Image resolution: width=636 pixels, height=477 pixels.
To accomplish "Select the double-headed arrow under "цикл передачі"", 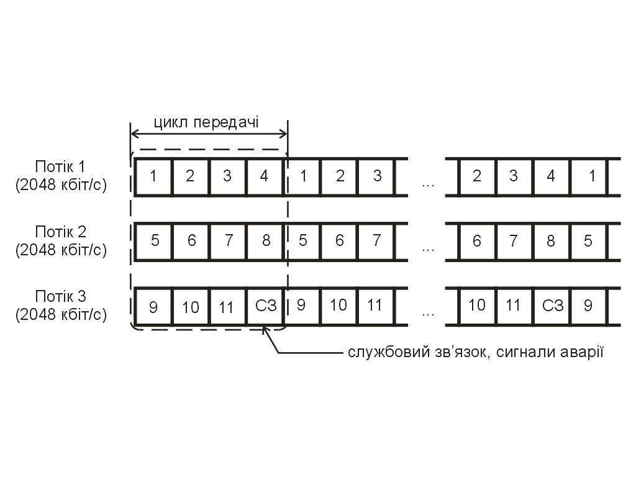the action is (209, 133).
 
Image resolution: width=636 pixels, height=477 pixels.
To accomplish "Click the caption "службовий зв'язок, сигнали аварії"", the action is (476, 353).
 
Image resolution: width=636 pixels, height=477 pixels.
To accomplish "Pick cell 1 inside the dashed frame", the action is (153, 176).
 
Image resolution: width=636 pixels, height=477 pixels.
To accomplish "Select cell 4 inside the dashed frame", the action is (265, 176).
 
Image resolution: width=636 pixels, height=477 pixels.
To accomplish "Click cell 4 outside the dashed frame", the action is (551, 176).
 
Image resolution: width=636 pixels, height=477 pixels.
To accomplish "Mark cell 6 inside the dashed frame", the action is (190, 240).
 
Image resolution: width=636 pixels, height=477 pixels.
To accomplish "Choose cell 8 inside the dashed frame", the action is (265, 240).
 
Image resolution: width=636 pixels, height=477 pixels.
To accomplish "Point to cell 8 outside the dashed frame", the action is (551, 240).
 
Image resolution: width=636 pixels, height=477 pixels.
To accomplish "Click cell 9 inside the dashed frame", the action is (153, 306).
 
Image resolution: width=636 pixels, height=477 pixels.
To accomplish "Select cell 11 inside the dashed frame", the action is (227, 306).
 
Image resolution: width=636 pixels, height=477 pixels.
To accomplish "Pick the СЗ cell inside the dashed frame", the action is (265, 306).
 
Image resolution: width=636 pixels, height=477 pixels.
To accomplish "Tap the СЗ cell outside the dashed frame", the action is (552, 306).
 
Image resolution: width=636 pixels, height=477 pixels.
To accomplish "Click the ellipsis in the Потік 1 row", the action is (427, 184).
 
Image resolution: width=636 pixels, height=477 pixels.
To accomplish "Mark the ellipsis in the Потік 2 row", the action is (427, 248).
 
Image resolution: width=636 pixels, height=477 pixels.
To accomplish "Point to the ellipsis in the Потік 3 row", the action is (427, 314).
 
